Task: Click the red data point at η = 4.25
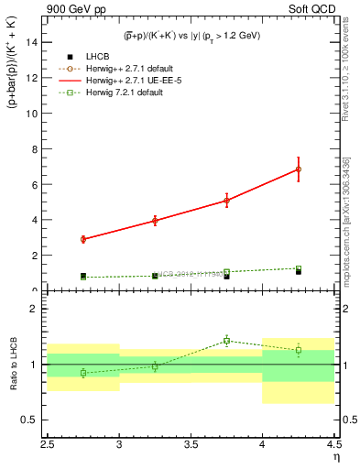click(x=299, y=169)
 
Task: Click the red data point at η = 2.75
click(x=83, y=239)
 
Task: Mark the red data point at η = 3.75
click(x=227, y=200)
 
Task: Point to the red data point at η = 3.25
click(x=155, y=221)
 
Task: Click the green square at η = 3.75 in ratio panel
click(x=227, y=341)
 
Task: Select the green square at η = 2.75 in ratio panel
click(x=83, y=373)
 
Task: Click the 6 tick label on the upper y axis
click(x=36, y=184)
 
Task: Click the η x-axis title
click(x=336, y=456)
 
